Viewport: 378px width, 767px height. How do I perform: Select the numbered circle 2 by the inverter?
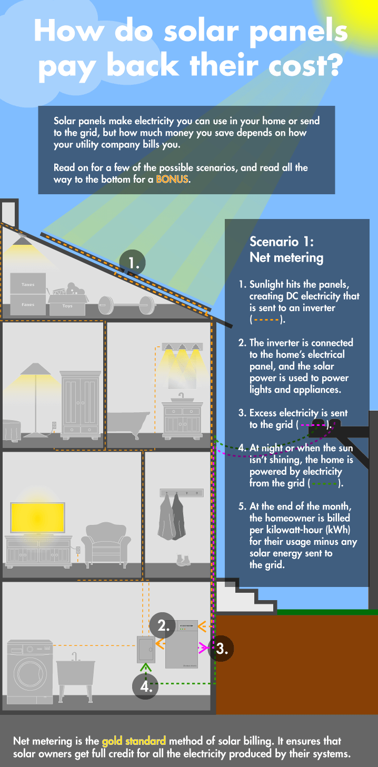coord(163,625)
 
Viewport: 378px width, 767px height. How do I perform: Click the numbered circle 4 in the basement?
coord(146,686)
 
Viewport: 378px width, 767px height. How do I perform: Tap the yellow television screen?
coord(38,517)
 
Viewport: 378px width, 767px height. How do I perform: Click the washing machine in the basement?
coord(30,672)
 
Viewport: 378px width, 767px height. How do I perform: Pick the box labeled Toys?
coord(68,303)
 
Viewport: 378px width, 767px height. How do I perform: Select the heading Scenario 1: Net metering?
coord(286,250)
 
